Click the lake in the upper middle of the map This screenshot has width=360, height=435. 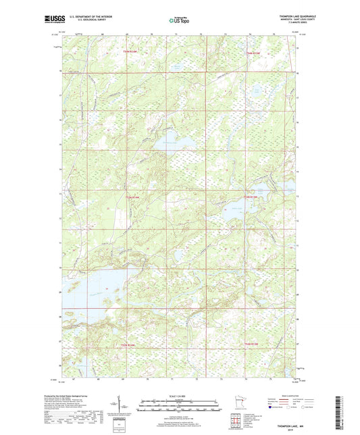coord(167,141)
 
